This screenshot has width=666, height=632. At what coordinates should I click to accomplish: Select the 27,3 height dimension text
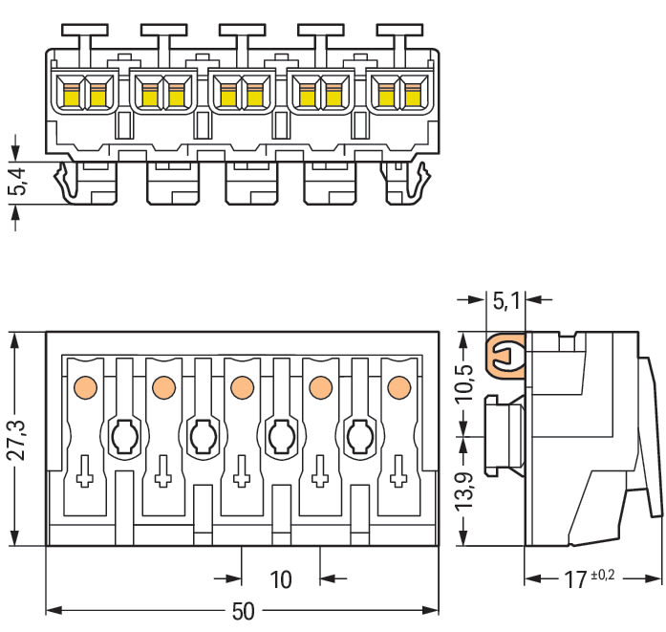point(16,438)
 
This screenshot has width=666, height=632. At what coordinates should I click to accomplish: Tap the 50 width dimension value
point(244,611)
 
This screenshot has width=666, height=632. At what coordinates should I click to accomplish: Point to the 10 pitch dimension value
point(281,578)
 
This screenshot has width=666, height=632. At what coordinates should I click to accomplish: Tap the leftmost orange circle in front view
point(83,387)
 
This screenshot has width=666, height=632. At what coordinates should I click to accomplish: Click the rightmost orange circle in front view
point(398,387)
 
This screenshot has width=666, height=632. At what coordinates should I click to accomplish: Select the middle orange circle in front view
point(241,387)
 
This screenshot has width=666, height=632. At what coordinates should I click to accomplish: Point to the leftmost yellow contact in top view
point(70,95)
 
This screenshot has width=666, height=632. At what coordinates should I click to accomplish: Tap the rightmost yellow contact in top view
point(412,95)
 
